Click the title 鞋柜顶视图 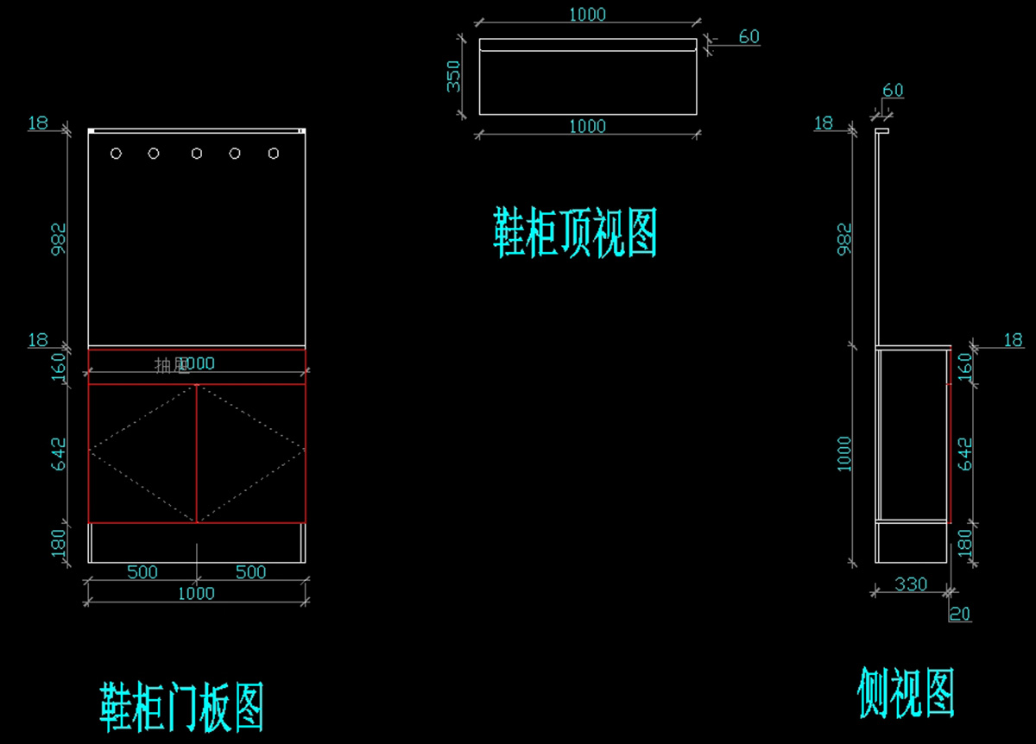pos(575,233)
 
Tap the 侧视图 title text pos(906,692)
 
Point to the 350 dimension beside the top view pos(454,76)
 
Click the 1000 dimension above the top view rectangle pos(587,15)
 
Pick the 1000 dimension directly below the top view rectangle pos(587,126)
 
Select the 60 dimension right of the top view pos(749,37)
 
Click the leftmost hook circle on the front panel pos(117,154)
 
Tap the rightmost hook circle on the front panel pos(274,154)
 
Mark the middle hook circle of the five pos(197,154)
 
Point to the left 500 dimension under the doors pos(142,572)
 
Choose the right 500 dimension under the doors pos(251,572)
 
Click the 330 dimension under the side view pos(910,584)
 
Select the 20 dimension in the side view pos(960,614)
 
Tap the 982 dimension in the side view pos(845,239)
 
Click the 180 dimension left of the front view pos(59,543)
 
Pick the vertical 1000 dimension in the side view pos(845,454)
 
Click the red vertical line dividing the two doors pos(197,453)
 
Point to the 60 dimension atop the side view pos(893,91)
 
